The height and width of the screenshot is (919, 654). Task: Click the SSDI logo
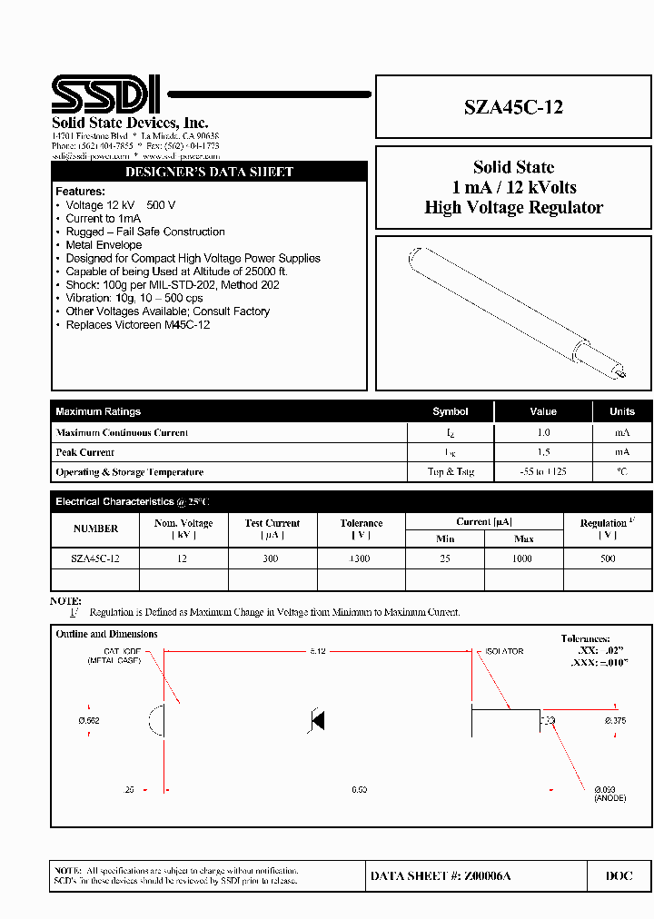click(x=106, y=94)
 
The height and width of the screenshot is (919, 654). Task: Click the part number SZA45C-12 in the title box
click(x=513, y=107)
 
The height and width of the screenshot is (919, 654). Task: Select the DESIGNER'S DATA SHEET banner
click(x=209, y=172)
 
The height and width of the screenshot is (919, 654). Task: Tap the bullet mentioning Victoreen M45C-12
click(x=137, y=324)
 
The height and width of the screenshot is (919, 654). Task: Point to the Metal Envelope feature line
click(x=104, y=245)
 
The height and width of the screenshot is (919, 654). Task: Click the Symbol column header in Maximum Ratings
click(x=450, y=411)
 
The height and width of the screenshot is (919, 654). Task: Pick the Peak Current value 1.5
click(x=542, y=452)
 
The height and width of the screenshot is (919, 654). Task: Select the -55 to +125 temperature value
click(x=542, y=472)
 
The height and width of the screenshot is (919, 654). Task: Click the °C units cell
click(x=621, y=472)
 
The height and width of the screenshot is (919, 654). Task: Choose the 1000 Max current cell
click(x=523, y=558)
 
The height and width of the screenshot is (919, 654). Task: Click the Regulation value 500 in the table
click(x=607, y=558)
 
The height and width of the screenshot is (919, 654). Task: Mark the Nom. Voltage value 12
click(x=183, y=558)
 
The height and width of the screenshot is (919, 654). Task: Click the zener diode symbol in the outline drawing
click(x=316, y=721)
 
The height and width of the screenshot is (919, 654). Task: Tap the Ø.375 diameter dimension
click(x=615, y=721)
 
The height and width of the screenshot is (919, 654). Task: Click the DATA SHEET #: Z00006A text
click(x=441, y=875)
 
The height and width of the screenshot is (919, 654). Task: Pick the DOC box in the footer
click(x=619, y=875)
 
